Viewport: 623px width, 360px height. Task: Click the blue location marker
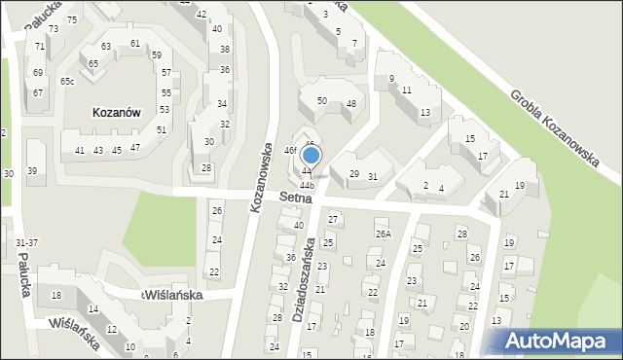[x=311, y=155]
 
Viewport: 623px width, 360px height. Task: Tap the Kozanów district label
[x=117, y=113]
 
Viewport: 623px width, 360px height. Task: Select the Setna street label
[x=294, y=197]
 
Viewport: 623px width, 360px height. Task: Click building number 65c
[x=66, y=82]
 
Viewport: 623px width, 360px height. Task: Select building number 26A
[x=384, y=234]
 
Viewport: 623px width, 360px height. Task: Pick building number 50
[x=321, y=101]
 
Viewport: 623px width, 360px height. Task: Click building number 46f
[x=290, y=151]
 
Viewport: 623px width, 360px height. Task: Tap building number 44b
[x=308, y=185]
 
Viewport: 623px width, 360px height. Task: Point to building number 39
[x=32, y=171]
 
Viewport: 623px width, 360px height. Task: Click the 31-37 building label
[x=27, y=242]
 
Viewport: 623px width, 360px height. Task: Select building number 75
[x=71, y=20]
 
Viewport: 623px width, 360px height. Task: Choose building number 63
[x=105, y=47]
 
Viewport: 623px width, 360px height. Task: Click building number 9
[x=391, y=79]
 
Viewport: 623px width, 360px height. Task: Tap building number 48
[x=350, y=104]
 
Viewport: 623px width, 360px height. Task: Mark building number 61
[x=134, y=44]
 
